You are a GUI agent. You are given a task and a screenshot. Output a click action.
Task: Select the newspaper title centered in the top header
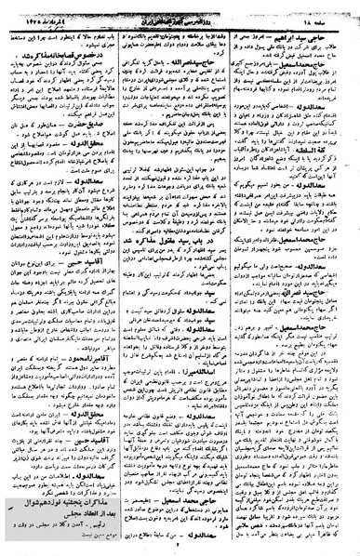click(x=182, y=11)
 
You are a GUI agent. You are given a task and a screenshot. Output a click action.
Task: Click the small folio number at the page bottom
click(x=180, y=549)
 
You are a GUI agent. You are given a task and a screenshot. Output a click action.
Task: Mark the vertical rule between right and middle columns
click(x=241, y=279)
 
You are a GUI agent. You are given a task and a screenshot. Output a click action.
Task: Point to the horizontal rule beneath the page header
click(x=180, y=20)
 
